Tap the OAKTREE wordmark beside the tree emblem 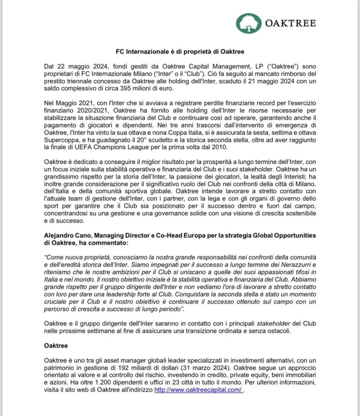pos(290,24)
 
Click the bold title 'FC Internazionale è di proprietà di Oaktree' pos(180,52)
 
